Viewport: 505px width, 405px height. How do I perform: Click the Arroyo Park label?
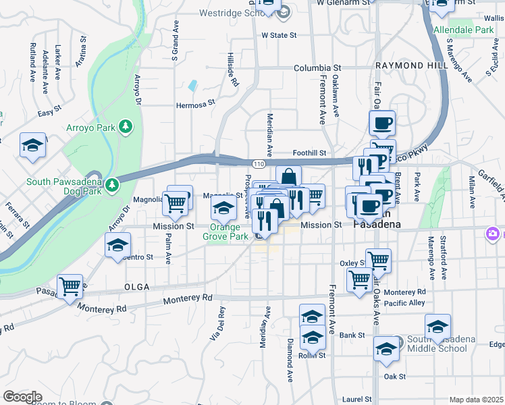(x=90, y=127)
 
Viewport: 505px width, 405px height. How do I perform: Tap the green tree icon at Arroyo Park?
(x=125, y=126)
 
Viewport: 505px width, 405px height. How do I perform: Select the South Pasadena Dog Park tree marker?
(x=113, y=184)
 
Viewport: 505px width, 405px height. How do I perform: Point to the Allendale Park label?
(x=463, y=30)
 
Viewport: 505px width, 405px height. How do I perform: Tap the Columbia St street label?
(x=317, y=68)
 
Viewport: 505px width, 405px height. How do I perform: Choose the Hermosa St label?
(x=194, y=104)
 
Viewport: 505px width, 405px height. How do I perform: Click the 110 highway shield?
(x=258, y=164)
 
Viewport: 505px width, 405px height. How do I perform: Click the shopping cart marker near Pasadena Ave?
(x=70, y=286)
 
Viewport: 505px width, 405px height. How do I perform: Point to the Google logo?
(x=22, y=397)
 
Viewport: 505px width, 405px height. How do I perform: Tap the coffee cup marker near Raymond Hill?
(x=383, y=123)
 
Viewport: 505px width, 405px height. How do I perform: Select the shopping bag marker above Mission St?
(x=288, y=178)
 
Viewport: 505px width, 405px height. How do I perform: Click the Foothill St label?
(x=309, y=153)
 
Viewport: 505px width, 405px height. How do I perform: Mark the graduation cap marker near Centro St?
(x=118, y=244)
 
